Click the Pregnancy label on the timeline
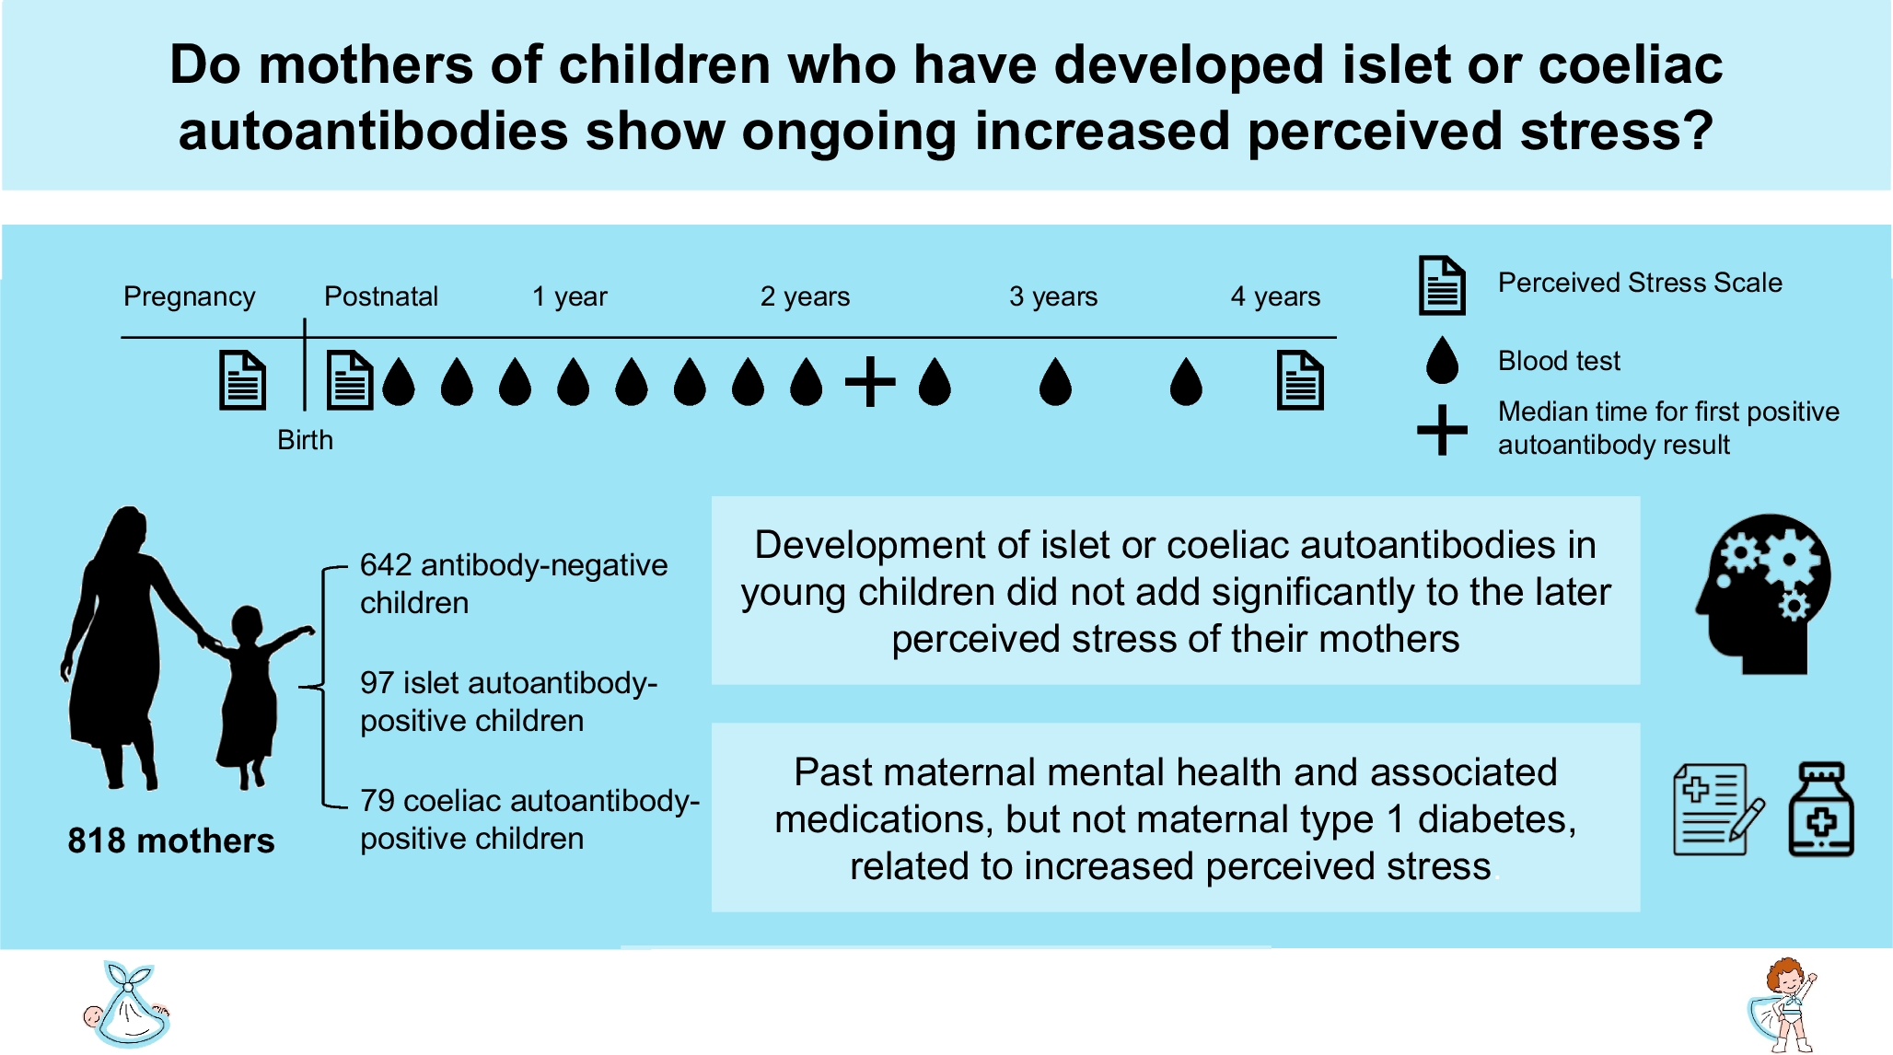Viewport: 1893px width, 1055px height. point(189,296)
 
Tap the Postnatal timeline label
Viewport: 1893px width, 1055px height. point(380,296)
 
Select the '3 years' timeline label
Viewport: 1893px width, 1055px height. point(1052,296)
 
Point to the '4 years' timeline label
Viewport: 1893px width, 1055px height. point(1274,296)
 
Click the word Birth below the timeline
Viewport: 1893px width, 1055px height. point(305,440)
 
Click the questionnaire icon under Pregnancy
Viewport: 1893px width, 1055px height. point(242,380)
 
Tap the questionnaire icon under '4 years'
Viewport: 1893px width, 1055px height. point(1299,380)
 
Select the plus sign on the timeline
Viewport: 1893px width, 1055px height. point(870,381)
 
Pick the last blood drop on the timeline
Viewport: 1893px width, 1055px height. point(1186,381)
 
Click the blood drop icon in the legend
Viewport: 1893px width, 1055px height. point(1442,360)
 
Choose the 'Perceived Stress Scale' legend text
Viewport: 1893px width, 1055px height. point(1639,283)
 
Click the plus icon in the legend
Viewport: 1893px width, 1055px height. point(1442,430)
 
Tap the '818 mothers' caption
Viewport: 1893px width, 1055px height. point(171,841)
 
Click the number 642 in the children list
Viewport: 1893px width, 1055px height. point(385,564)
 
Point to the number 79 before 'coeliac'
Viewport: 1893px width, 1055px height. point(377,801)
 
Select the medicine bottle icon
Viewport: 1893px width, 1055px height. point(1820,809)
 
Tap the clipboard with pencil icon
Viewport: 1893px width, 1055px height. point(1717,809)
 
